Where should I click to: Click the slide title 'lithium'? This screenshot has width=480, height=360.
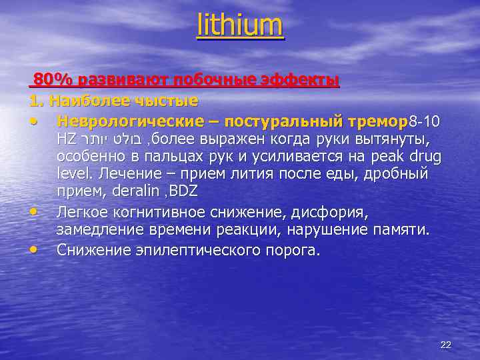(x=240, y=26)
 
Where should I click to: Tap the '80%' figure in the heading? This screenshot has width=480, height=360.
(x=53, y=81)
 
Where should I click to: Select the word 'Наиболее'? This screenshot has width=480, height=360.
(x=86, y=101)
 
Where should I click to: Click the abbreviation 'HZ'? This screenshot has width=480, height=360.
(x=67, y=141)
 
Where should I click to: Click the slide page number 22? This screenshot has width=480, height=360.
(x=446, y=345)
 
